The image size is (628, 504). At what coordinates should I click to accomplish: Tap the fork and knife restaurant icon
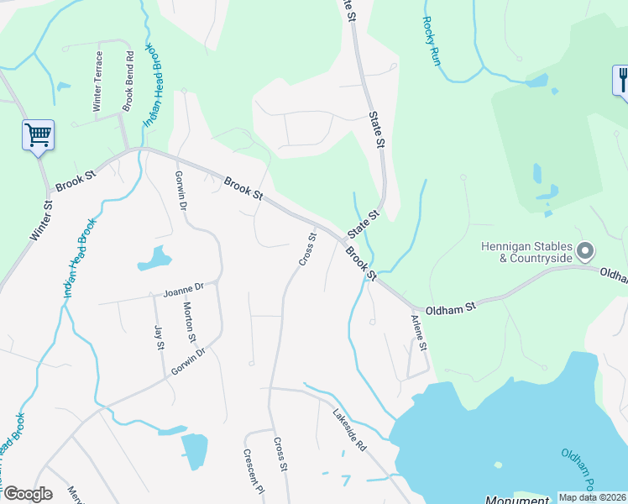[621, 81]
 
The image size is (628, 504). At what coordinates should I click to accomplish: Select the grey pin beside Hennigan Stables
[586, 251]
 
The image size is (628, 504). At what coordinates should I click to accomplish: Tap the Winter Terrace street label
[98, 81]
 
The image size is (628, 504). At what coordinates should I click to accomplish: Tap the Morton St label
[190, 323]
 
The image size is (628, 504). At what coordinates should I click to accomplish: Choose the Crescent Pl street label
[254, 471]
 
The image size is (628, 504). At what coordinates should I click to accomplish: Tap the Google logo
[27, 494]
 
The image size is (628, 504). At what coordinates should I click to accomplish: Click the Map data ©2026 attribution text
[593, 497]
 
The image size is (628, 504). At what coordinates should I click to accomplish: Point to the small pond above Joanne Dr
[154, 258]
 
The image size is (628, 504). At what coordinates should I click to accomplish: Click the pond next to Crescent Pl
[194, 451]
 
